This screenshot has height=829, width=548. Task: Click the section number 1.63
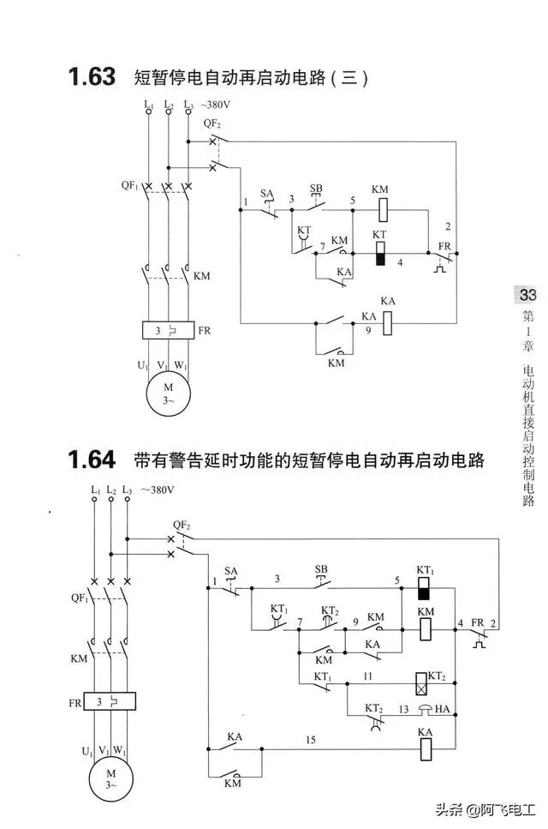point(92,77)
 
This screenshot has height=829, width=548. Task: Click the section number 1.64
point(92,460)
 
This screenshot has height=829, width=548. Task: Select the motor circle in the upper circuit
point(168,393)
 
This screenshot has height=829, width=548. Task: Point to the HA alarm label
point(443,709)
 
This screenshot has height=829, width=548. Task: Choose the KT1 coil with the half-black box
point(423,588)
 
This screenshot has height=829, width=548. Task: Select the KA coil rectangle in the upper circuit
point(388,322)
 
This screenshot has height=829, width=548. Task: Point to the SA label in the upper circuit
point(267,194)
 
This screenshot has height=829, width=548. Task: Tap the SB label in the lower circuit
point(321,568)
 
